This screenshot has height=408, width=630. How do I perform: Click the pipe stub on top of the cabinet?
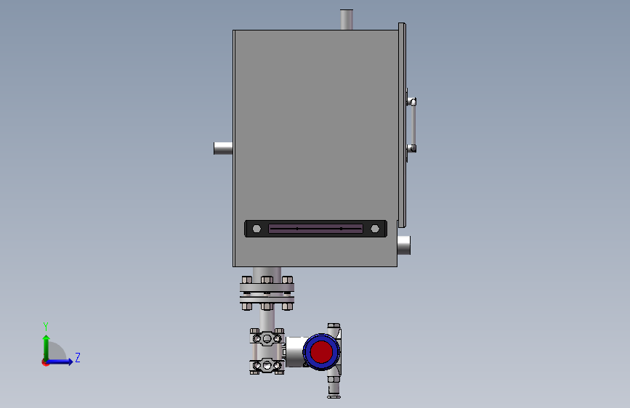point(347,20)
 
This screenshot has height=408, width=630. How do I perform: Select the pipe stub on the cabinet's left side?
point(223,148)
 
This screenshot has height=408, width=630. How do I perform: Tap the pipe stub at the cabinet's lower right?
point(404,245)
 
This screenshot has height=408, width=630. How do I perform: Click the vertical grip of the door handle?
point(413,125)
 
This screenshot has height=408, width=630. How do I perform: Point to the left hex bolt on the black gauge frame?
point(257,229)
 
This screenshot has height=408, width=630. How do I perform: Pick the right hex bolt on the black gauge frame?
point(375,229)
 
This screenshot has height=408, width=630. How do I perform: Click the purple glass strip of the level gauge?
point(315,229)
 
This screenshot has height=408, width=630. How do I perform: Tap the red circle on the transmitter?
point(321,352)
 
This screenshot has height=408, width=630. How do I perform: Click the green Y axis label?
point(46,327)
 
